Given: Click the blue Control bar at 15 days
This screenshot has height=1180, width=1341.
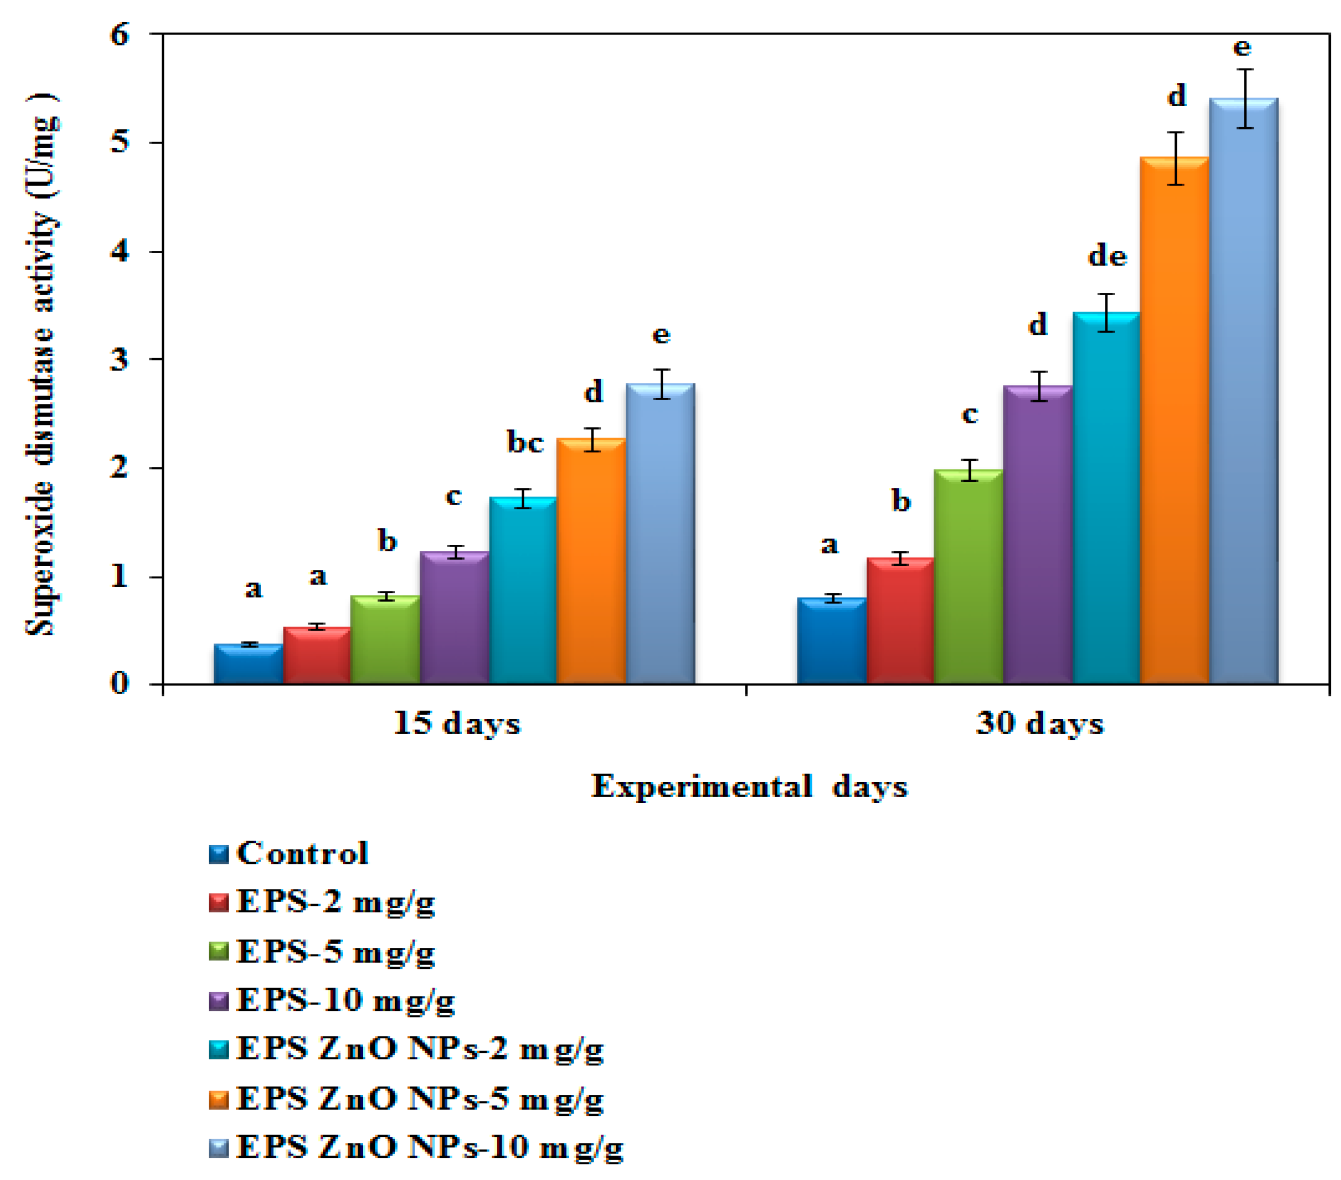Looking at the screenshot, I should tap(248, 665).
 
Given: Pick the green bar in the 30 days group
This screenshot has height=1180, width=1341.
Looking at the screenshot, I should tap(969, 577).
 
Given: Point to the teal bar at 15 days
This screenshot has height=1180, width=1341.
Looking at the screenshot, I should tap(523, 590).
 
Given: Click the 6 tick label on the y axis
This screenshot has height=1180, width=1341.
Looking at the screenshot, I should tap(119, 34).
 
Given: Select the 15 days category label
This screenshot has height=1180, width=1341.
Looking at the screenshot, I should tap(456, 724).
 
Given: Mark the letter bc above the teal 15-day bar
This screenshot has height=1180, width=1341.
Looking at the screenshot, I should tap(525, 442).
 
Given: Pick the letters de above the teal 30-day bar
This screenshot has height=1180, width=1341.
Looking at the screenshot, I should tap(1108, 256).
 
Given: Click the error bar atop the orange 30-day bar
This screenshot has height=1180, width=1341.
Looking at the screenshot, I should tap(1176, 158).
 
